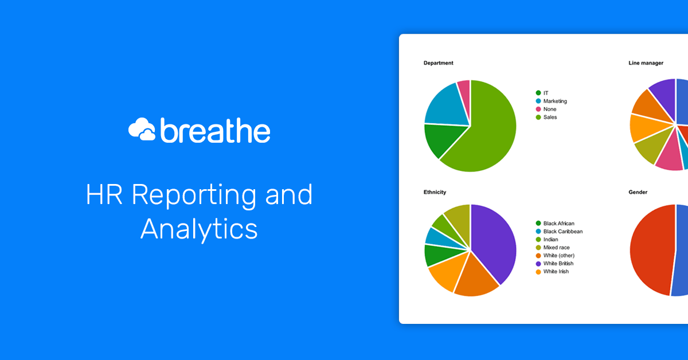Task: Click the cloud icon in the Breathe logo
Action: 142,130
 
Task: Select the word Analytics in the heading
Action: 199,229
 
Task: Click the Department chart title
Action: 438,63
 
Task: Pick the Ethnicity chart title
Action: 435,193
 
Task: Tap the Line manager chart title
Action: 646,63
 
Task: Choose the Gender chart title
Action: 638,193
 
